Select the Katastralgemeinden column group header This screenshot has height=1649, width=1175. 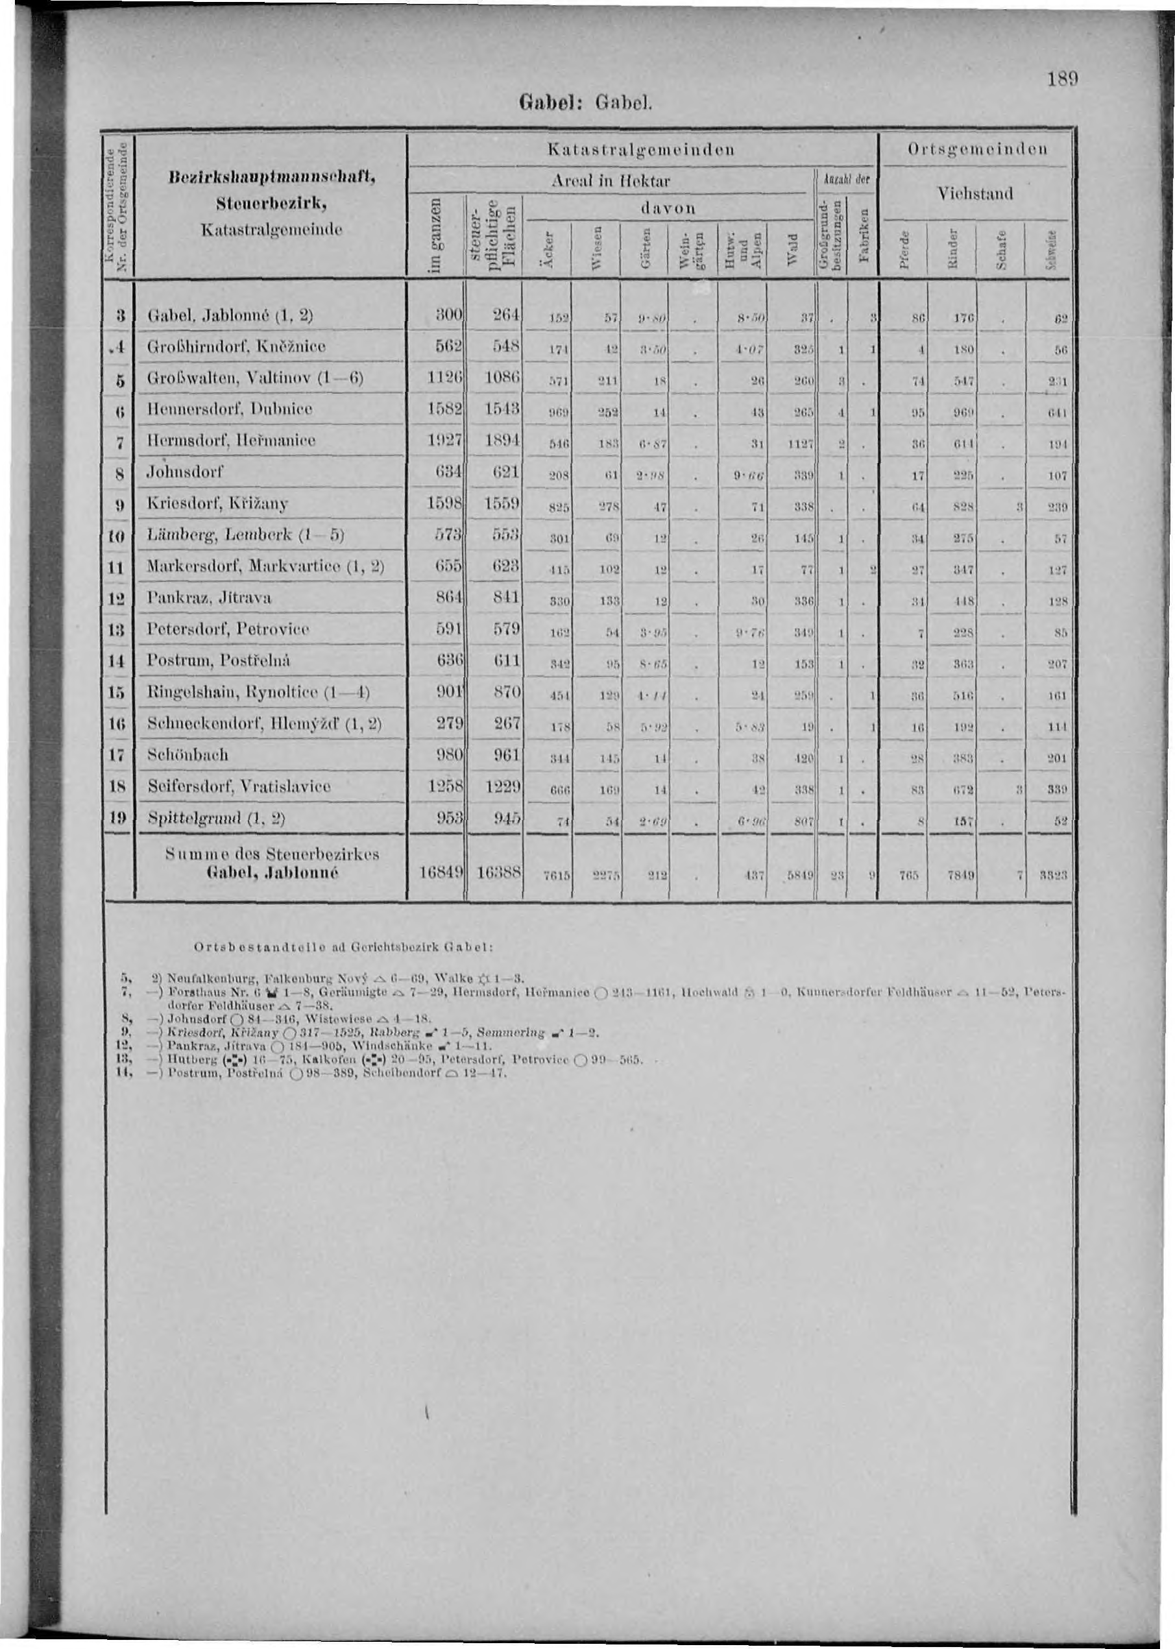coord(642,150)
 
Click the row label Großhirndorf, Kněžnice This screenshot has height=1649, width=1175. coord(237,346)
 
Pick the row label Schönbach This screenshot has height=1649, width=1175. coord(188,754)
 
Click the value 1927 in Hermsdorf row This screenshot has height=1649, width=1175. coord(440,440)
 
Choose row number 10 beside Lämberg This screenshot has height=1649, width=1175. coord(119,536)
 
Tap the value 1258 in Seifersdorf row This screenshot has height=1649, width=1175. coord(440,786)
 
